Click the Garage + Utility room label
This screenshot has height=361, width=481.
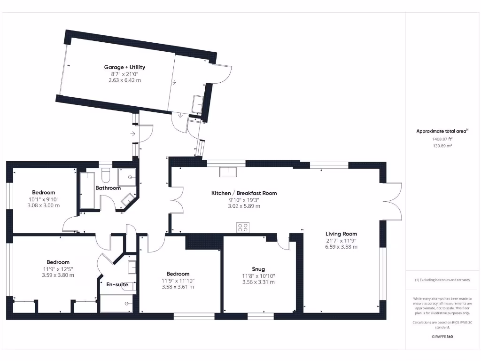click(124, 67)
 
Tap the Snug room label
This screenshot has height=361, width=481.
click(258, 269)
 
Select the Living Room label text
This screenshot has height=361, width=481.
click(341, 234)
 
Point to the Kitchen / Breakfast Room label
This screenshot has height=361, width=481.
click(244, 193)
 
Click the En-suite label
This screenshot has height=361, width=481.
click(117, 284)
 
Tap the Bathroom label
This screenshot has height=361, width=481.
click(108, 188)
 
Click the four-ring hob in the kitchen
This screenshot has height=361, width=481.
click(243, 228)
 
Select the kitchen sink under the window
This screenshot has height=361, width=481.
click(228, 171)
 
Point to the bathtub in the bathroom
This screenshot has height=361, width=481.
click(87, 190)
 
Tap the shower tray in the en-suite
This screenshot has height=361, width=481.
click(117, 303)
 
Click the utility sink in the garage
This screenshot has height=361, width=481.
click(197, 103)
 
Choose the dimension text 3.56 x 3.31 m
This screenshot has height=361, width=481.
click(258, 282)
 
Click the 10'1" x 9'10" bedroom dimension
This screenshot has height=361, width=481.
click(43, 199)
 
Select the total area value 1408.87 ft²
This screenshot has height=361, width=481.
click(442, 139)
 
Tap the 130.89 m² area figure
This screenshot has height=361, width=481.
click(442, 146)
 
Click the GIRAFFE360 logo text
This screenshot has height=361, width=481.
click(442, 337)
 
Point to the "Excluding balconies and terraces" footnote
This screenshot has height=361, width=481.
click(442, 280)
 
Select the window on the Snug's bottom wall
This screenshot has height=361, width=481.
click(260, 316)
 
